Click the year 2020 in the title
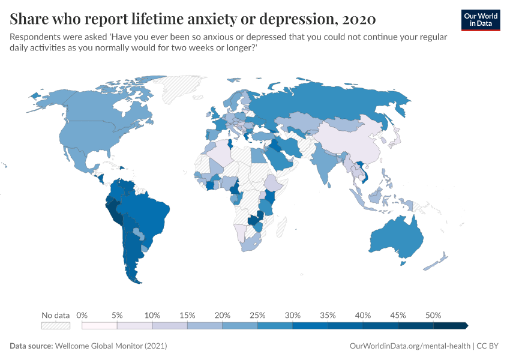[358, 19]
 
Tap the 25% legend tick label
[257, 315]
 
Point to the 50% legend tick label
[433, 315]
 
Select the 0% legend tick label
[82, 315]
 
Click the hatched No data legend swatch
[56, 325]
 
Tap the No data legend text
[56, 315]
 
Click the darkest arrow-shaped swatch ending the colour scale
[450, 325]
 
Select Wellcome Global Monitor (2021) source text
[110, 346]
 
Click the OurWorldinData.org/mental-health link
[409, 346]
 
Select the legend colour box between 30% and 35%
[310, 325]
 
